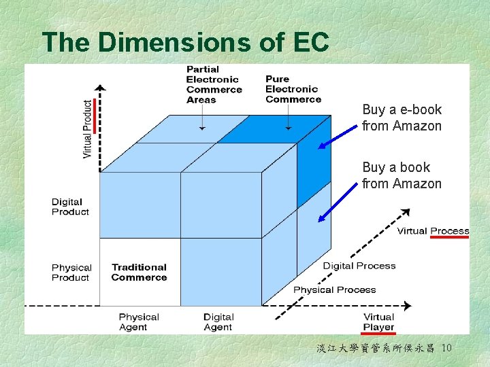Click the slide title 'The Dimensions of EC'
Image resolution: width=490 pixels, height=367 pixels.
tap(185, 42)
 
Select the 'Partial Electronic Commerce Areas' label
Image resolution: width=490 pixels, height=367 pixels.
tap(214, 85)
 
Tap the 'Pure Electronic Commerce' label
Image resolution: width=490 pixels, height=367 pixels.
tap(293, 89)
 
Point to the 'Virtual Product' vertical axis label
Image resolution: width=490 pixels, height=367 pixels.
tap(87, 129)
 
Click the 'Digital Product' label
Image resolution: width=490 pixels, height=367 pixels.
tap(70, 207)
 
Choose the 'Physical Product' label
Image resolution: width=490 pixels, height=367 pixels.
tap(71, 273)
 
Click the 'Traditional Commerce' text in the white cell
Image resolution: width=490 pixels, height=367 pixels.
tap(139, 273)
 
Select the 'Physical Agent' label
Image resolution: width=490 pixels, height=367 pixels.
tap(138, 322)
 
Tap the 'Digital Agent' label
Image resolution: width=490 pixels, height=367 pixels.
tap(218, 322)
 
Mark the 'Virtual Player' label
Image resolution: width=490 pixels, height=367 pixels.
tap(378, 322)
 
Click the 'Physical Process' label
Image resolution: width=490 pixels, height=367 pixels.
tap(334, 290)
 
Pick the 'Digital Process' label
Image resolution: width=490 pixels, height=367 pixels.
tap(359, 266)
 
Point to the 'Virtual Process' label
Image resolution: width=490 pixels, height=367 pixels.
tap(433, 231)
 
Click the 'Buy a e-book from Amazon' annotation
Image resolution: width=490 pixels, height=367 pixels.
tap(402, 118)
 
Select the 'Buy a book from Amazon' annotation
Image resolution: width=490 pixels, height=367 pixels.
tap(402, 175)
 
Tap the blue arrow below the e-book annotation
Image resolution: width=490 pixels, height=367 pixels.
tap(339, 137)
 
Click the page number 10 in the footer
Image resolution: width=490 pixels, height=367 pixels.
tap(446, 349)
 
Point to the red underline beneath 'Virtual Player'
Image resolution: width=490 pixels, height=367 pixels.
tap(378, 333)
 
